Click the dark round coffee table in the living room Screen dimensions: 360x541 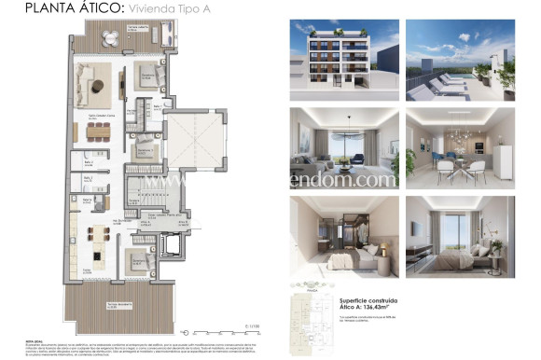[96, 87]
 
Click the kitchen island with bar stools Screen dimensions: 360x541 [98, 233]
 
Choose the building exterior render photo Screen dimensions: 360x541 [341, 60]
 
